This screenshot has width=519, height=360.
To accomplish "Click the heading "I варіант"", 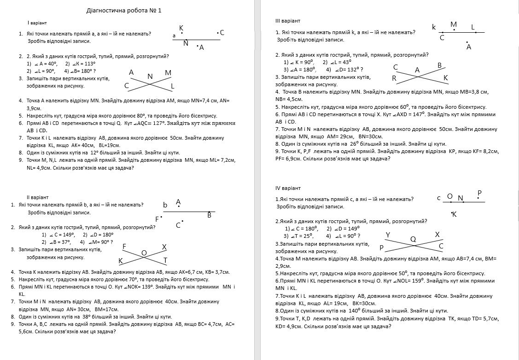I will pos(37,23).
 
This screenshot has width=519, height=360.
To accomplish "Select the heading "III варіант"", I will pos(288,21).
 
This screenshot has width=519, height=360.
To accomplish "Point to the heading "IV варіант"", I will pos(288,188).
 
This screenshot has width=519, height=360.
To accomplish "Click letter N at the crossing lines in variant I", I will pos(150,76).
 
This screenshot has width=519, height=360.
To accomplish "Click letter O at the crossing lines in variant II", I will pos(144,253).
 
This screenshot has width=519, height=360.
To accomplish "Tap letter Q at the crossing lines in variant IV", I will pos(413,239).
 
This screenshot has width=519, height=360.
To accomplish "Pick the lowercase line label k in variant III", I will pos(434,27).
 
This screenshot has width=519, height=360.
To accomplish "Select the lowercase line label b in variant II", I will pos(165,205).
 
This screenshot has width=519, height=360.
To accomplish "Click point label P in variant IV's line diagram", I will pos(479,193).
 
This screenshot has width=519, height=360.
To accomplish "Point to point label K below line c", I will pos(454,214).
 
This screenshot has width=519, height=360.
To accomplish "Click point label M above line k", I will pos(454,24).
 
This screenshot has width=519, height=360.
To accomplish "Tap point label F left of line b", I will pos(157,219).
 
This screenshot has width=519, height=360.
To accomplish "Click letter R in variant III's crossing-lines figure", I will pos(394,78).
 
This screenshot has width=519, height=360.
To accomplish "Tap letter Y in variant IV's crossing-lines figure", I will pos(388,235).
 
